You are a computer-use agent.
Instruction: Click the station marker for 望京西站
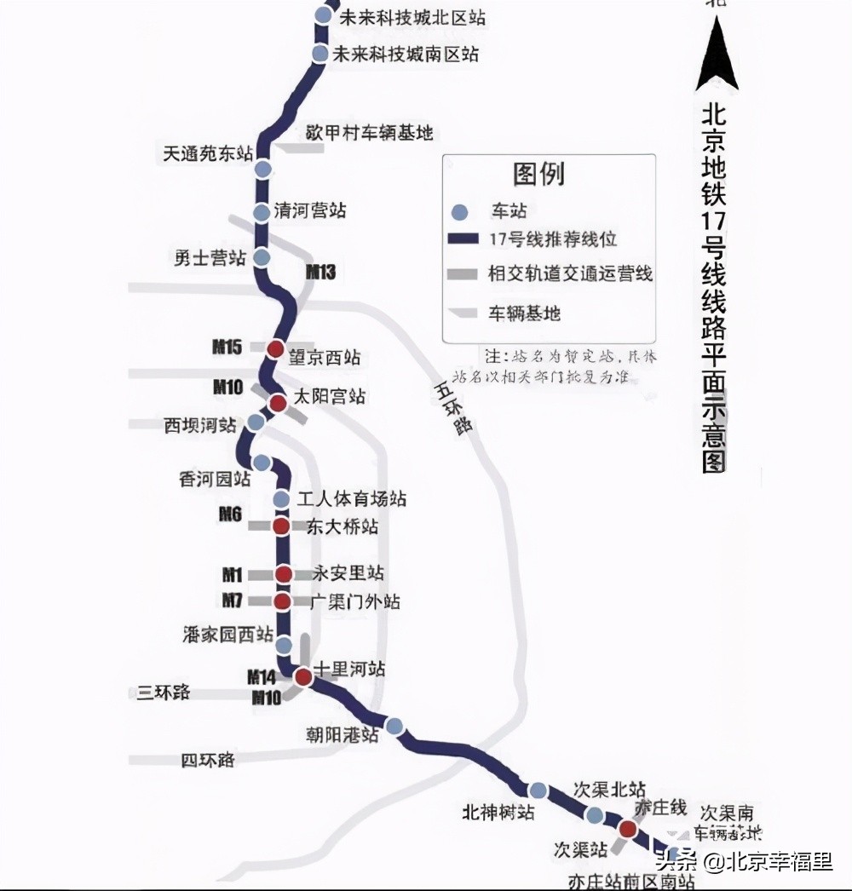[x=275, y=349]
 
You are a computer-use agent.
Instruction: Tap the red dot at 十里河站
[x=302, y=677]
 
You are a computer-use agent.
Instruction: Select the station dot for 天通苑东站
[x=263, y=169]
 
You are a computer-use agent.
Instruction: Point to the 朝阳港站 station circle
[x=394, y=726]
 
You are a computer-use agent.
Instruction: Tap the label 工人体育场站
[x=351, y=498]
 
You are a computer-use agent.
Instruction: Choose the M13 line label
[x=320, y=273]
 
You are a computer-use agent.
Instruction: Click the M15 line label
[x=227, y=347]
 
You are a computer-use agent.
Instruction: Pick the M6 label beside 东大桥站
[x=230, y=514]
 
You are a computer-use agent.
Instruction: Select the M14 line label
[x=262, y=678]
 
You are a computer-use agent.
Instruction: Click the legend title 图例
[x=538, y=175]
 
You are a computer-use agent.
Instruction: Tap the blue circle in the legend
[x=460, y=212]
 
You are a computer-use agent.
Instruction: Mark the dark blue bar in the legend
[x=461, y=240]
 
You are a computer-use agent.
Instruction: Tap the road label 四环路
[x=207, y=759]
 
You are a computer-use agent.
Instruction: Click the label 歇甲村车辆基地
[x=370, y=132]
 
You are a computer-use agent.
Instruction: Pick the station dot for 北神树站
[x=538, y=790]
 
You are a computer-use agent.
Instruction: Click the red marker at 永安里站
[x=284, y=574]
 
